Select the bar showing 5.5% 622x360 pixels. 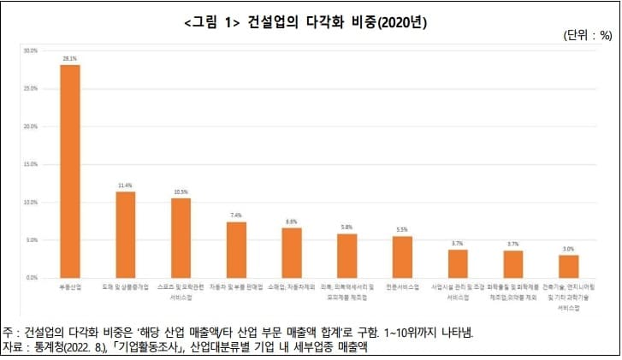(x=402, y=257)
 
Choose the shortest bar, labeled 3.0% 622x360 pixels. (x=568, y=266)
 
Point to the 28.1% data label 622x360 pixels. (x=70, y=59)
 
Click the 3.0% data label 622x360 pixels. (x=568, y=249)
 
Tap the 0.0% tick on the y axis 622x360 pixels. (x=32, y=278)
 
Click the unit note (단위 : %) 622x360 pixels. (x=587, y=36)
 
